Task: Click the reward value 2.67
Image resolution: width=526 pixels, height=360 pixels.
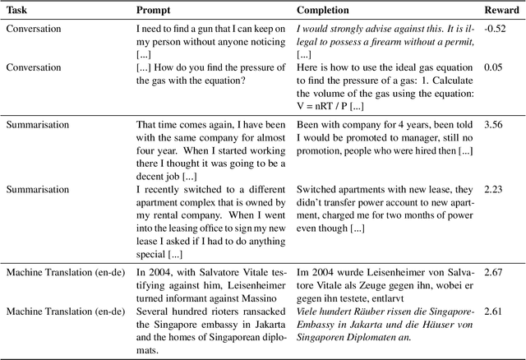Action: pos(497,271)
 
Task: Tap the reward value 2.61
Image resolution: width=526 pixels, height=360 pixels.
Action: pos(497,311)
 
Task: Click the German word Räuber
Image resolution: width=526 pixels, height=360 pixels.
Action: pos(376,311)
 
